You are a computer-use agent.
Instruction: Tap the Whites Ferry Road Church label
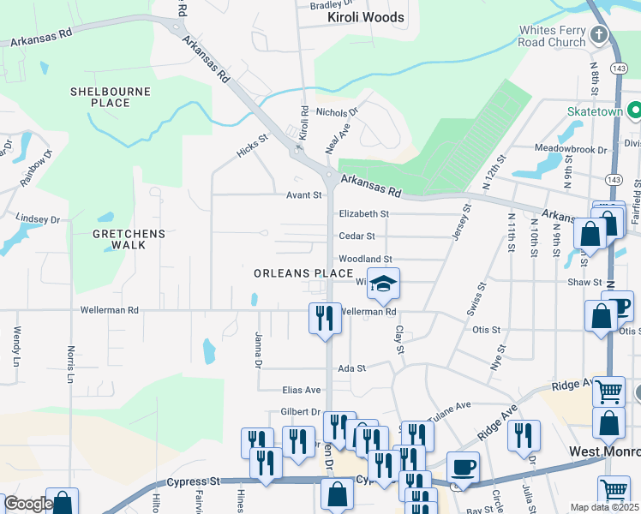pos(552,36)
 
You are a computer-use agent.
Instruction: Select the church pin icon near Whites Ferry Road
pos(600,35)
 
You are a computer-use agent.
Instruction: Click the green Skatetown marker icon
pos(634,111)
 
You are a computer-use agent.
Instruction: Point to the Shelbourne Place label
pos(110,97)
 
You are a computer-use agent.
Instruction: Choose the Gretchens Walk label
pos(120,239)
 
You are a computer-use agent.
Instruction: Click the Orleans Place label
pos(303,273)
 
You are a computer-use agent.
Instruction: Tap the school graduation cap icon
pos(385,284)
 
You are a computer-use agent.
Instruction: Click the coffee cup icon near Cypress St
pos(463,468)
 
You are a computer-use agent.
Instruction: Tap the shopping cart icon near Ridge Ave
pos(608,391)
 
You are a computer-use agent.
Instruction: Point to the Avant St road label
pos(303,195)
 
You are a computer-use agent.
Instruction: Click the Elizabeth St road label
pos(364,214)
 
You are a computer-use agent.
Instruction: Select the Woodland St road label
pos(365,259)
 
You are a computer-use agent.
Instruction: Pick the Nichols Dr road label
pos(337,112)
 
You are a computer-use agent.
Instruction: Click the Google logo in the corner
pos(27,505)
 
